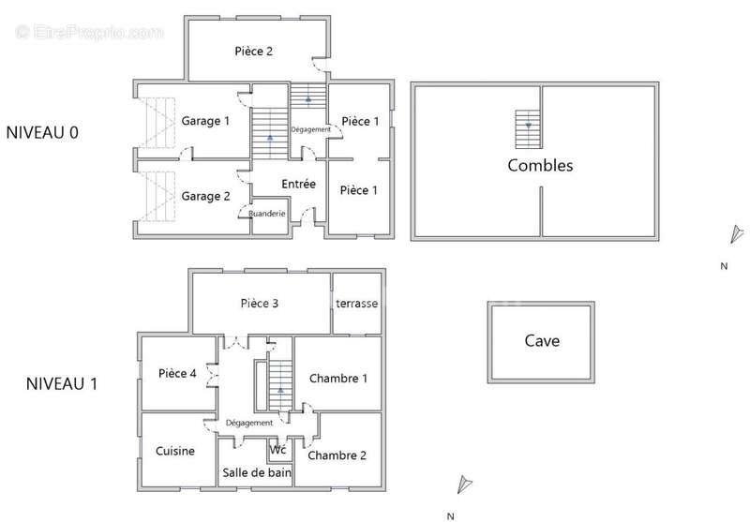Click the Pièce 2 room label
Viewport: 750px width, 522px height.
pos(253,52)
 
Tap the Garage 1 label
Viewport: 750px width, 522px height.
pos(205,121)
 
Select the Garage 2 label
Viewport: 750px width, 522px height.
pos(205,196)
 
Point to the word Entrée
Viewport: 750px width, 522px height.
pos(298,184)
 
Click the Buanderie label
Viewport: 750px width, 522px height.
pos(267,214)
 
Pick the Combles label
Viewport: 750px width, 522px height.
pos(540,165)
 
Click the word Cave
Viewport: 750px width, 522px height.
pos(542,341)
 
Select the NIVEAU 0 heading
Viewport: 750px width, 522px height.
pos(42,132)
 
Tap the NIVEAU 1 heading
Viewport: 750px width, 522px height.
pos(62,383)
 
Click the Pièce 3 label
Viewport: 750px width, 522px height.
pos(260,303)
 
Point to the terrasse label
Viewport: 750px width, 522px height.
pos(357,304)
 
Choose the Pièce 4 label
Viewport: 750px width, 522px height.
pos(177,373)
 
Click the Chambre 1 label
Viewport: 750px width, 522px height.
pos(338,379)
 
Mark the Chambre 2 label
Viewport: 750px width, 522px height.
pos(337,455)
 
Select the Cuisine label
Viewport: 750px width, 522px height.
pos(175,451)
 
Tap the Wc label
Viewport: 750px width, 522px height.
pos(277,450)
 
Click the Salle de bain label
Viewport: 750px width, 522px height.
pos(257,472)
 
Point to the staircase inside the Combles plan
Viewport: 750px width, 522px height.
pos(528,129)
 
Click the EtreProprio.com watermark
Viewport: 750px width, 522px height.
pos(89,33)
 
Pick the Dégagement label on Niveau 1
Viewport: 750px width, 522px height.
pos(249,423)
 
